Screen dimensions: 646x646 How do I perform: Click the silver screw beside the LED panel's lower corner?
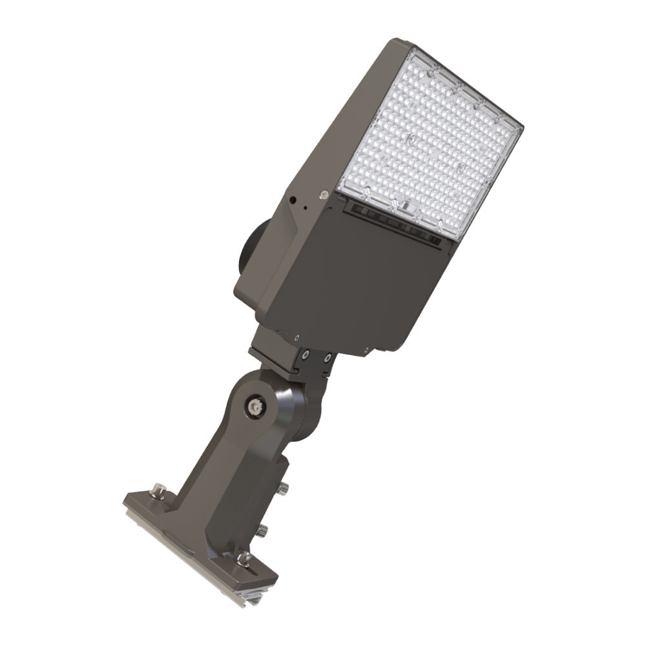tap(321, 194)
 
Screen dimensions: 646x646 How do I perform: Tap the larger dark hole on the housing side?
tap(293, 201)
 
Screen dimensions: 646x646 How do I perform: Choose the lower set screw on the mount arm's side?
tap(262, 531)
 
